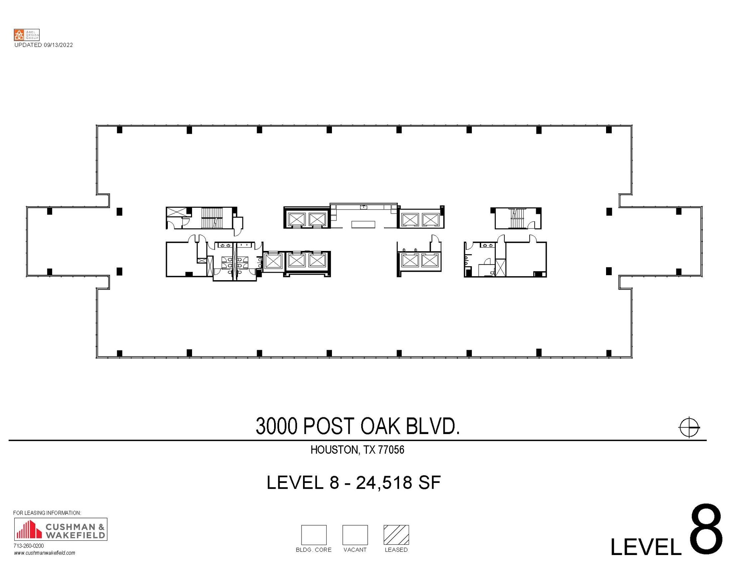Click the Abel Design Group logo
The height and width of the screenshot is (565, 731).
click(26, 35)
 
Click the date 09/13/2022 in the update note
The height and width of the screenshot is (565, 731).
click(58, 45)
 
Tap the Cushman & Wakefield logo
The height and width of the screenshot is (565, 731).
click(60, 529)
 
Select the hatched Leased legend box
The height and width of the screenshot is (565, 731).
click(396, 535)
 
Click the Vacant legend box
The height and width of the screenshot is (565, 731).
click(355, 535)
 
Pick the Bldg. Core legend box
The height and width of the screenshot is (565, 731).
click(314, 535)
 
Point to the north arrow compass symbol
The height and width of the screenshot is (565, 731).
click(689, 427)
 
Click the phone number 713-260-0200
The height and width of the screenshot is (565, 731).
click(29, 546)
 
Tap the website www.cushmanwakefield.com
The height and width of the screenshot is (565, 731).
click(45, 553)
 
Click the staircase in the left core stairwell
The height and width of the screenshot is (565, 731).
click(212, 218)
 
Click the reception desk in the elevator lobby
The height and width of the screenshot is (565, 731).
click(363, 225)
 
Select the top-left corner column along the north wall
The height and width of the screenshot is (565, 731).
click(120, 130)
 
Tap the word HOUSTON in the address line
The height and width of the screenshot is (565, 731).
click(334, 450)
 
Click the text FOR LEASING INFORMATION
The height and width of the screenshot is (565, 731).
click(47, 513)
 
